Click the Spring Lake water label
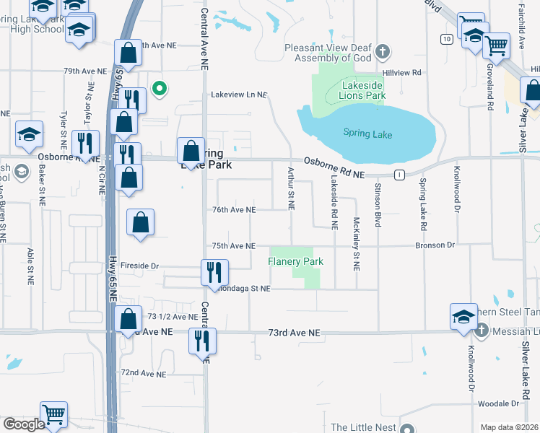pos(367,134)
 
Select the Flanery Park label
pos(295,261)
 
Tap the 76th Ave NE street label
pos(234,210)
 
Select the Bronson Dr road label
pos(435,246)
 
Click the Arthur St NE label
pos(292,188)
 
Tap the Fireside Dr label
pos(139,266)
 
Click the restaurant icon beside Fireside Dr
pos(214,273)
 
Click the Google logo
pos(24,424)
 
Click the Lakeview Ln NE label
pos(239,95)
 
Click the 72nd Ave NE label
pos(144,374)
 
